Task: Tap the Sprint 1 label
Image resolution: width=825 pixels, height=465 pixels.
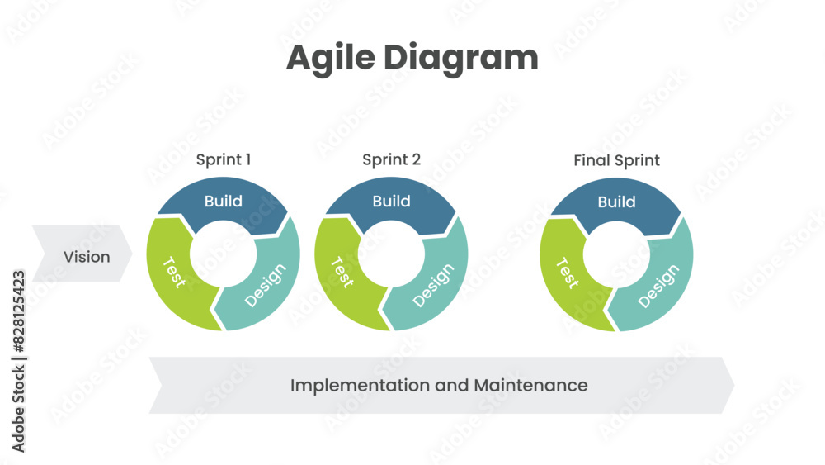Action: [x=224, y=159]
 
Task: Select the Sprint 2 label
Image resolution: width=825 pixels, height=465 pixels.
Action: [x=391, y=159]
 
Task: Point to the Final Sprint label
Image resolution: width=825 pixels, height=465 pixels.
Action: [x=617, y=160]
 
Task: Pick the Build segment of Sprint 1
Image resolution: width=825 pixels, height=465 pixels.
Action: [x=224, y=202]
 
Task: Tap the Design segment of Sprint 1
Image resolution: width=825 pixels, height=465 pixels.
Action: [x=266, y=285]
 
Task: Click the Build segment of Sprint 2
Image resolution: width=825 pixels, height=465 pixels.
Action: [x=391, y=202]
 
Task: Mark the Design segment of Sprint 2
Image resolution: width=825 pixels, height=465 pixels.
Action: [x=434, y=285]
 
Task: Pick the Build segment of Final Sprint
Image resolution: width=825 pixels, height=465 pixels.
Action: [x=617, y=202]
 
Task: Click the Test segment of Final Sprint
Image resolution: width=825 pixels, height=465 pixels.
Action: [x=567, y=273]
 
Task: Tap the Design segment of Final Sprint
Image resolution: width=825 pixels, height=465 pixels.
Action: [x=659, y=285]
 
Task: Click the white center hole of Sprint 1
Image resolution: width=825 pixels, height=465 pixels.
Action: [x=224, y=254]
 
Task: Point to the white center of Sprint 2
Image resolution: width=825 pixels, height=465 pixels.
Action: [x=391, y=254]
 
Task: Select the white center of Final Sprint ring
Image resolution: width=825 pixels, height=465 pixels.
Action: [x=617, y=254]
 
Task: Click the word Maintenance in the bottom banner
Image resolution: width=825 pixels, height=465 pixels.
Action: [x=530, y=385]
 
